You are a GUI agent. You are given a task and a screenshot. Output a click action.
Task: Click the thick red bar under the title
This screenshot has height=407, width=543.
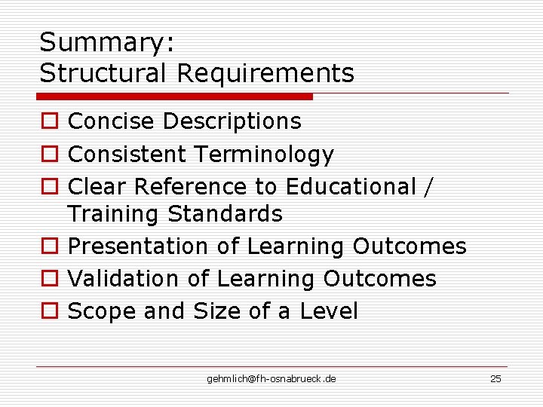tap(175, 96)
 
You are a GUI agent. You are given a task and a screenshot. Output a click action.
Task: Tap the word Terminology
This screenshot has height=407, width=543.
tap(263, 155)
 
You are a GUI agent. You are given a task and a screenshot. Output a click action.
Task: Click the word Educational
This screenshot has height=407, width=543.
tap(351, 186)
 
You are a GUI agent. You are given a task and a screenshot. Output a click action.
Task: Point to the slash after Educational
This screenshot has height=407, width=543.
tap(429, 187)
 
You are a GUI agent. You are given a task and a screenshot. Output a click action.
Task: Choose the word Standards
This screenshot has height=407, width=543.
tap(225, 214)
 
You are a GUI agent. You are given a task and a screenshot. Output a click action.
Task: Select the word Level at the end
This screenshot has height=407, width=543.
tap(329, 311)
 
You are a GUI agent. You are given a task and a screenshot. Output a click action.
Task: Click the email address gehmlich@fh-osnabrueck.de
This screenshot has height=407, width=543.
tap(271, 378)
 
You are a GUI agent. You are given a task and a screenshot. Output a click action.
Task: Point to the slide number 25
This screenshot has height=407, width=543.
tap(495, 378)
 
